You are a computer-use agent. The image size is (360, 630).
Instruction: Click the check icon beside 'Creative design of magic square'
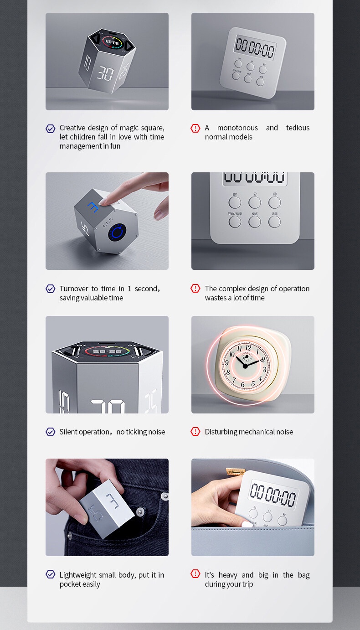(x=51, y=129)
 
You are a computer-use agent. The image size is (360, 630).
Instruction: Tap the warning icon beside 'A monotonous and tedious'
(x=195, y=129)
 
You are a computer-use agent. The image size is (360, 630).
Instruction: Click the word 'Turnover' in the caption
(x=74, y=289)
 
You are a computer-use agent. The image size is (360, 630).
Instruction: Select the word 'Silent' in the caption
(x=68, y=432)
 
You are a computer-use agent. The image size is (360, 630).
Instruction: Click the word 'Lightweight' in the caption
(x=78, y=575)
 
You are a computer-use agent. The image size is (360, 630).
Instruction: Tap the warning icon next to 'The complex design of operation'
(x=195, y=289)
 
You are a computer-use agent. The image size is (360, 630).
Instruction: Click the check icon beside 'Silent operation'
(x=51, y=432)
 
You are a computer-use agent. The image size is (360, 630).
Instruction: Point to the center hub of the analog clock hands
(x=245, y=365)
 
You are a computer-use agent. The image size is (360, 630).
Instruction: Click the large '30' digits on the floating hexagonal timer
(x=105, y=74)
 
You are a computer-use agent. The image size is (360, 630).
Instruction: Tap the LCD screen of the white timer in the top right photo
(x=255, y=48)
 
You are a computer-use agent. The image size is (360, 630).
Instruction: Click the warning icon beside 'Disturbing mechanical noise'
(x=195, y=432)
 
